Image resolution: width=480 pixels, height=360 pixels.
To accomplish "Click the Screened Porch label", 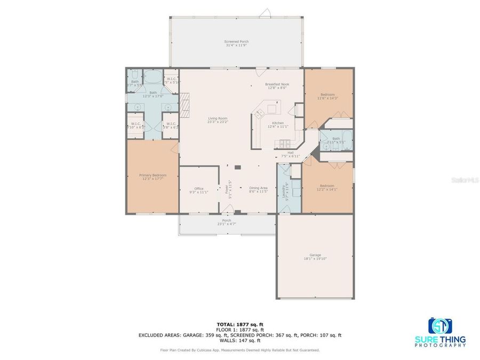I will click(x=237, y=43).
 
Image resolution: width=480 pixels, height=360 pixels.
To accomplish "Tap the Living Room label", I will click(x=218, y=120).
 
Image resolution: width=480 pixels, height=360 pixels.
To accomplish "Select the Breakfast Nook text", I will click(x=277, y=86).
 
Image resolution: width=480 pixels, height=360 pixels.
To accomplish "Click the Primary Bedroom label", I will click(x=153, y=177).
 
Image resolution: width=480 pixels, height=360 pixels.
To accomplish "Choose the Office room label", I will click(x=199, y=190).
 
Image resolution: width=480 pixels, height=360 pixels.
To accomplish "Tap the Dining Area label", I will click(x=258, y=189).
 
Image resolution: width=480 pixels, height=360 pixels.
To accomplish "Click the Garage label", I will click(x=315, y=257).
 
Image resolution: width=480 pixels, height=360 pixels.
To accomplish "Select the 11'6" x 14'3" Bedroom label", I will click(x=327, y=97).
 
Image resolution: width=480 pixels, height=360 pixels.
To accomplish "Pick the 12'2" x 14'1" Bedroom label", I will click(x=327, y=187).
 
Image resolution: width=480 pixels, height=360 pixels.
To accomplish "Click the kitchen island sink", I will click(x=260, y=114).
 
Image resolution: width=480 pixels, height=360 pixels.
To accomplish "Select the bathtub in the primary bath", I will click(x=152, y=78).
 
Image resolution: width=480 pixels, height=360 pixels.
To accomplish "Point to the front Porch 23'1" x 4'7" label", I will click(x=227, y=222).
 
